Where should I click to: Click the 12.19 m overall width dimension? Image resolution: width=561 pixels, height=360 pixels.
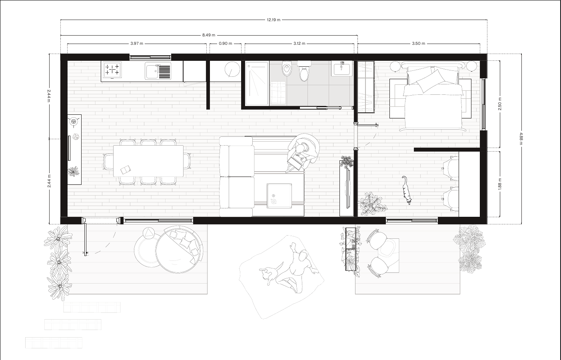[x=274, y=20]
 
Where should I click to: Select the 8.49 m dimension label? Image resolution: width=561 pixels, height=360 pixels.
[x=208, y=35]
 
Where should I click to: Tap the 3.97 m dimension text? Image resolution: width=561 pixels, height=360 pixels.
[x=137, y=43]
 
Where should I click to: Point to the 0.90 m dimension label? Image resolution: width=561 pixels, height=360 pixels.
[x=226, y=43]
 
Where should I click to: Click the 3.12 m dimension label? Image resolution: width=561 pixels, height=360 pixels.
[x=299, y=43]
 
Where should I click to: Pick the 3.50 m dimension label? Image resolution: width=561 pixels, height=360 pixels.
[x=418, y=43]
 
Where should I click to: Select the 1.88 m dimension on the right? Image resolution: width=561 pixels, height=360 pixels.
[x=500, y=184]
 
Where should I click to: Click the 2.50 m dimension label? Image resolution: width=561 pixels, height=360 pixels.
[x=500, y=104]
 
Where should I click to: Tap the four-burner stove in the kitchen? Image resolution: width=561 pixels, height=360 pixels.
[x=112, y=70]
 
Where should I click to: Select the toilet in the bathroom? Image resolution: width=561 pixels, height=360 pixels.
[x=304, y=71]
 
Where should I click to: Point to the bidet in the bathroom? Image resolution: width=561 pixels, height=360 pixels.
[x=287, y=70]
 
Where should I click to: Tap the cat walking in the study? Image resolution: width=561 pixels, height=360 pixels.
[x=406, y=190]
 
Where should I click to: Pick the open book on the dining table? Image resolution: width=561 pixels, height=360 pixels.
[x=126, y=170]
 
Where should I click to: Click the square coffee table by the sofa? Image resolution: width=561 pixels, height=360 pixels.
[x=279, y=195]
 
